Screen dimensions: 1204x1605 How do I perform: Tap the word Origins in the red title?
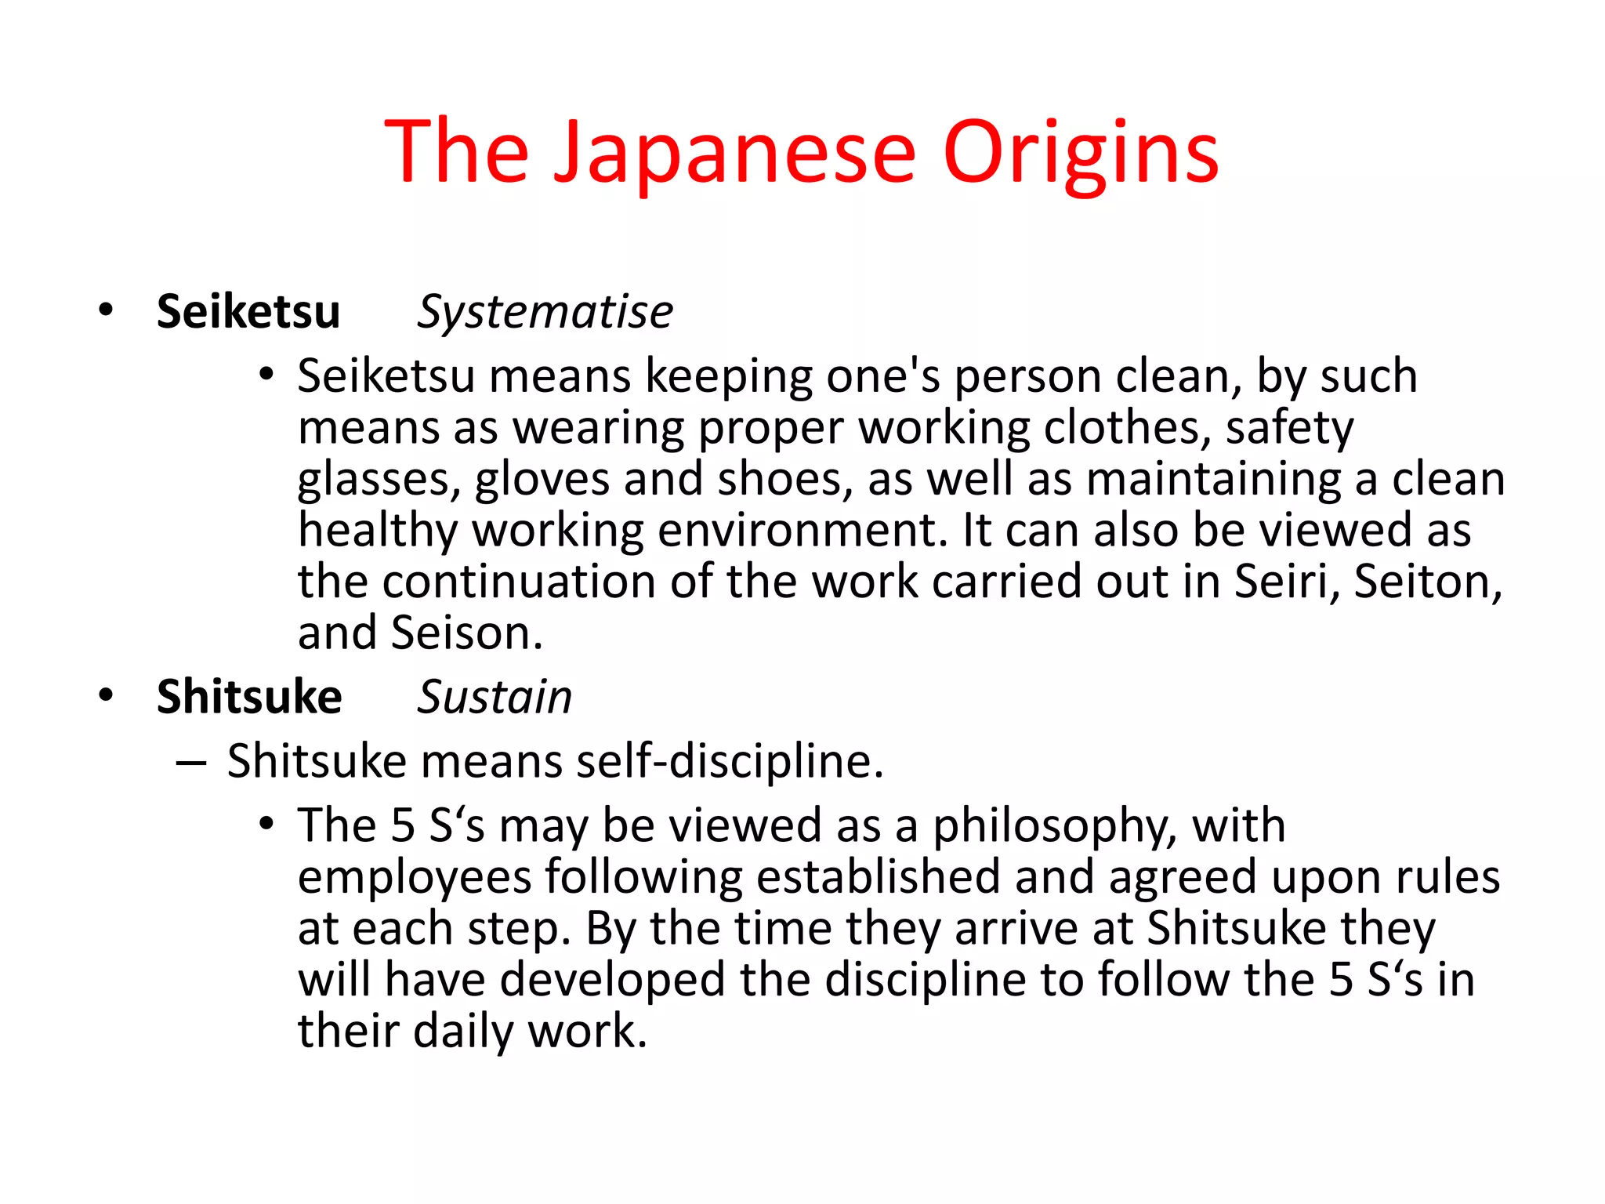point(1081,153)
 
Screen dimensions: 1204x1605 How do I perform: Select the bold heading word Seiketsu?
point(248,311)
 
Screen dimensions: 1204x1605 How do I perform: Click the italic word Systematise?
point(545,311)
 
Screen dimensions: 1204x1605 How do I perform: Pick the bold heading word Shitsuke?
point(249,696)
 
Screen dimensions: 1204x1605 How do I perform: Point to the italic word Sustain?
point(495,696)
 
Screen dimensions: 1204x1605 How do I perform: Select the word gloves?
point(542,479)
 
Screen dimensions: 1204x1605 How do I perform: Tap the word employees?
point(415,877)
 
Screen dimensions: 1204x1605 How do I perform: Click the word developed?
point(612,980)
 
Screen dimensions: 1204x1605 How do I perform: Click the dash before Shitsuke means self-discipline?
point(191,762)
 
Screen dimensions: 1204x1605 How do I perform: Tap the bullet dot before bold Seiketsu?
point(106,310)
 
